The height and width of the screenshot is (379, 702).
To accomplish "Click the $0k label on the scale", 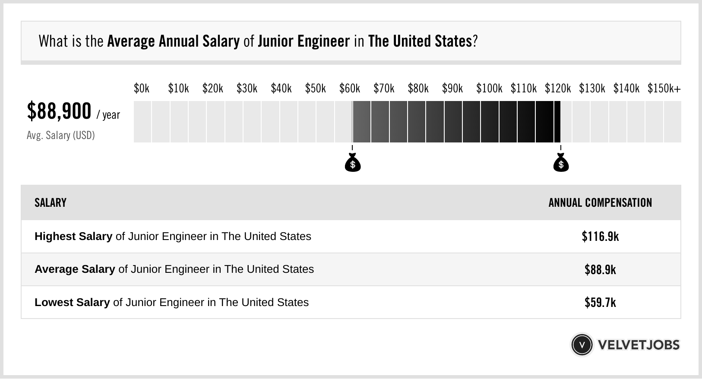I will (x=142, y=88).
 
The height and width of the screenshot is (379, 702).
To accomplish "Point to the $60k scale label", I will (x=350, y=88).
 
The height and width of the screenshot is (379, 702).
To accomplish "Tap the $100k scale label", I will (x=489, y=88).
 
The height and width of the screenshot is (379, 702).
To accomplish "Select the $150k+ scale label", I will (x=664, y=88).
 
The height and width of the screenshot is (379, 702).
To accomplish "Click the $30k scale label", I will (x=247, y=88).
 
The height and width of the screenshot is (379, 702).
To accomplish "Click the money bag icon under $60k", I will (x=353, y=163).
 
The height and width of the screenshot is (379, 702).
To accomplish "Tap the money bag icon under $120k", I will (x=561, y=163).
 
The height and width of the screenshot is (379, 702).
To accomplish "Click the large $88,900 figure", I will (x=59, y=111).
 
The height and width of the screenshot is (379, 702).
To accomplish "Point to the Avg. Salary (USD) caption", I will (x=61, y=136).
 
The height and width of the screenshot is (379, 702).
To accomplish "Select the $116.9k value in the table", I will (x=600, y=237).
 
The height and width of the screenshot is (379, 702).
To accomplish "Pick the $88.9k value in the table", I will (x=600, y=270).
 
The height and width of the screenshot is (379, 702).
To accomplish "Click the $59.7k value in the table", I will (x=600, y=303).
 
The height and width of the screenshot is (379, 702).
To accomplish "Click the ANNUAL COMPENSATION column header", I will (x=600, y=203).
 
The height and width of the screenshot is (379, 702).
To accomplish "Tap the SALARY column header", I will (x=51, y=203).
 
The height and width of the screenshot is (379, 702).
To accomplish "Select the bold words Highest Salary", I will (x=73, y=237).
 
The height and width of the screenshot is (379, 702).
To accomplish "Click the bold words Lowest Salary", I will (x=72, y=303).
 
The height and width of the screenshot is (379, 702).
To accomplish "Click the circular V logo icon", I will (x=582, y=345).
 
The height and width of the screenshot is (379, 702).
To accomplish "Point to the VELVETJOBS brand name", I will (x=639, y=345).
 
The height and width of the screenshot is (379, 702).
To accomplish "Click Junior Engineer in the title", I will (x=304, y=41).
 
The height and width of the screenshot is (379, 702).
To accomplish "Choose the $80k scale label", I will (x=418, y=88).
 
